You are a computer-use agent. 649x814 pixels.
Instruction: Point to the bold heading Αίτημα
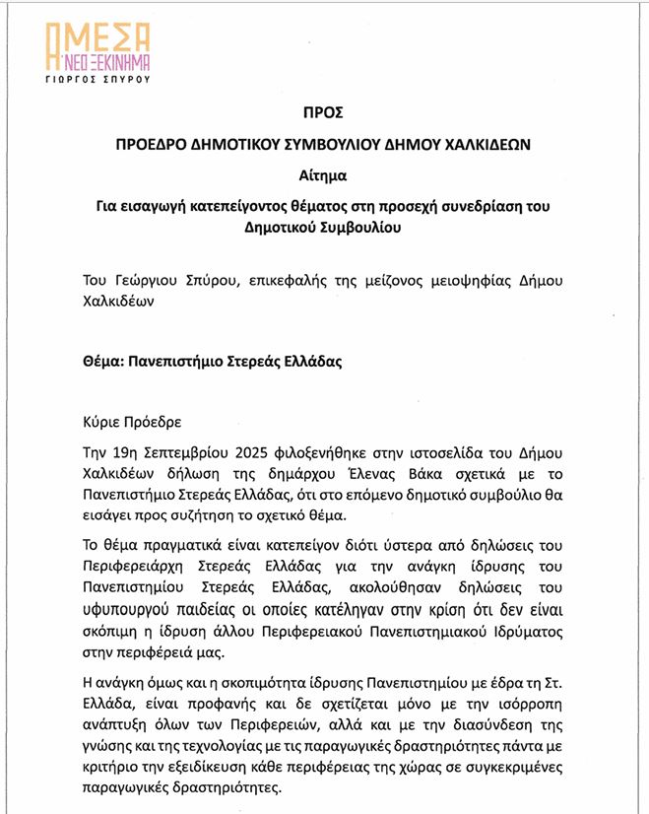pyautogui.click(x=323, y=176)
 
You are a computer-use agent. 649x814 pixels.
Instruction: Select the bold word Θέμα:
pyautogui.click(x=109, y=361)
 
